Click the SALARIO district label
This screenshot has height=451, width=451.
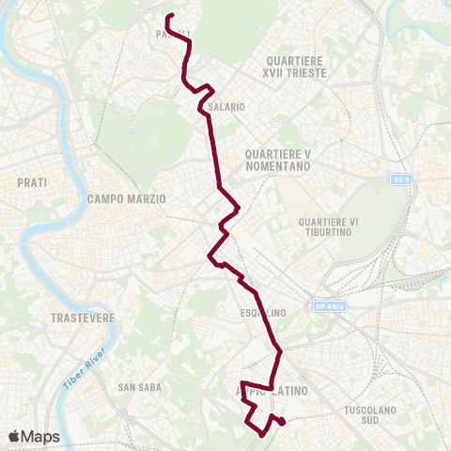click(x=227, y=107)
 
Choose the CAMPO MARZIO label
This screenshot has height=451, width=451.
click(x=126, y=199)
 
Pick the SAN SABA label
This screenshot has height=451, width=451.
click(x=139, y=387)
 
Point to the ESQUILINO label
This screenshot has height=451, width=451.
click(x=263, y=313)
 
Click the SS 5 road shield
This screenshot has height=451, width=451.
click(x=402, y=179)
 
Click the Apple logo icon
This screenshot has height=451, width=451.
click(x=14, y=436)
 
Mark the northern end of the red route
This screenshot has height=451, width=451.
click(x=169, y=17)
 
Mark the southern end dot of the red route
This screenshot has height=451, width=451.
click(x=283, y=422)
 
